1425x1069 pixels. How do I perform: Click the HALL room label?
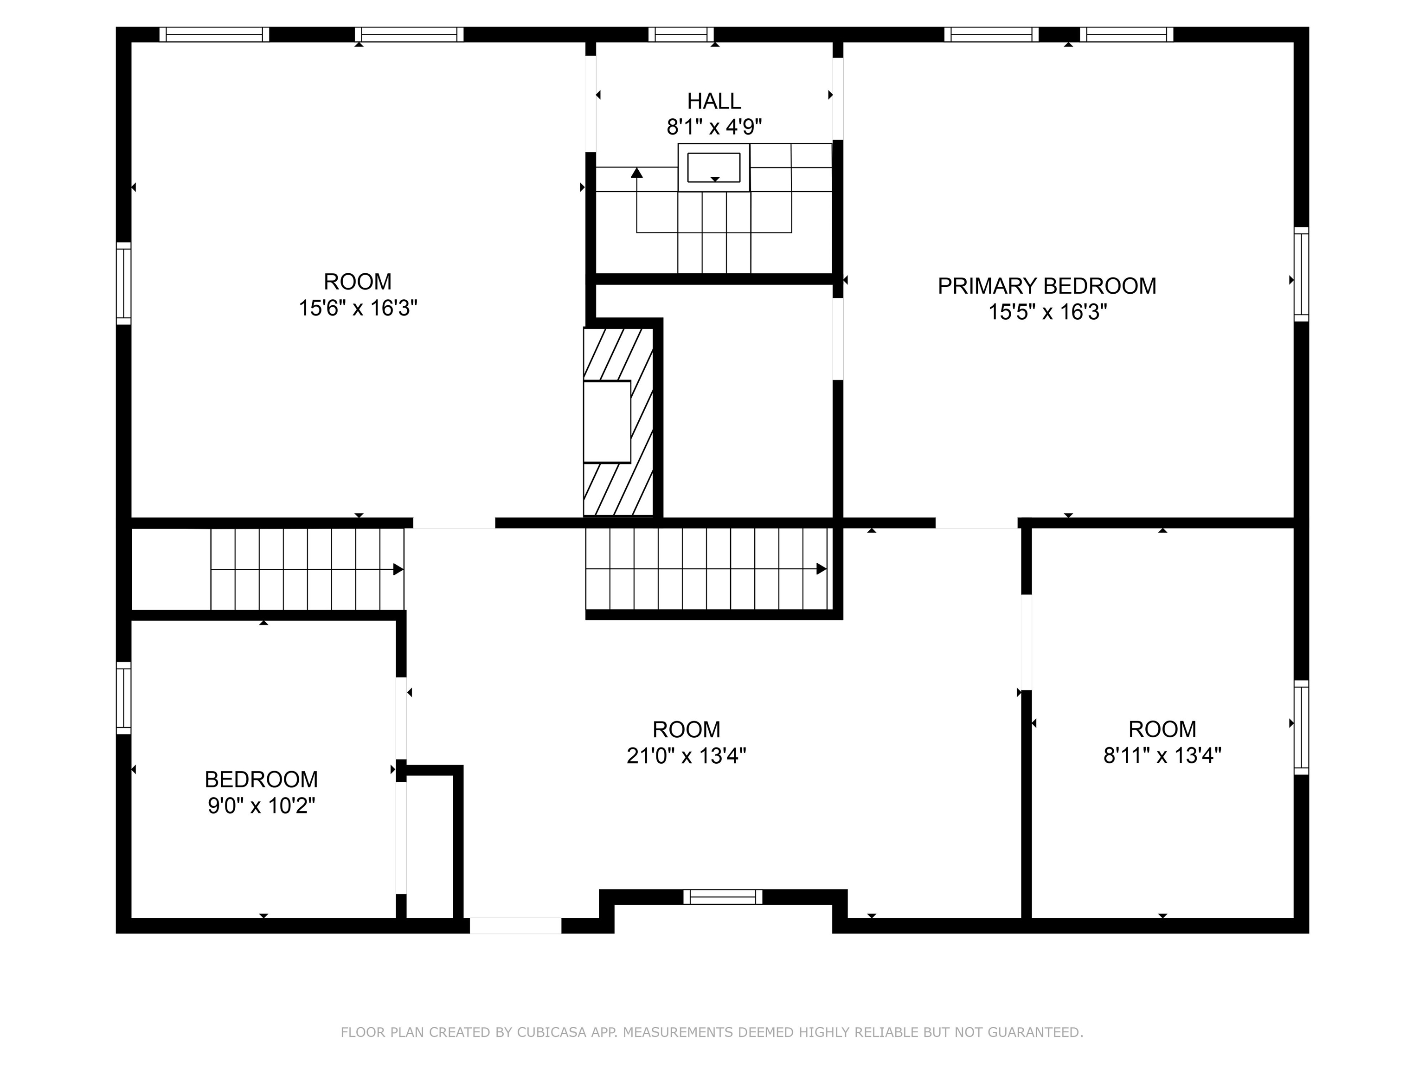click(x=714, y=101)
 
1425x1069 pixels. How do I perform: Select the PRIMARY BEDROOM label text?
click(x=1047, y=285)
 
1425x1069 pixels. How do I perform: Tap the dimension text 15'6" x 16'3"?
click(x=358, y=308)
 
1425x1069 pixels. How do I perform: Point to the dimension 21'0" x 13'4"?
click(x=686, y=755)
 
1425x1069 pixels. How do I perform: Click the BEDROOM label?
click(x=261, y=779)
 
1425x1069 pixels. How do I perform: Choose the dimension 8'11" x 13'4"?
click(x=1162, y=755)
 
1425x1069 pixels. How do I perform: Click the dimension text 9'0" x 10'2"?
click(x=261, y=805)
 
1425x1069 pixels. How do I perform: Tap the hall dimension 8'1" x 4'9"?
click(x=714, y=127)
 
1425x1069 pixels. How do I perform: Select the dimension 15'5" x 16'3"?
click(x=1047, y=313)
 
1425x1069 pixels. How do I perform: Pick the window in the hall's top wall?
click(x=681, y=35)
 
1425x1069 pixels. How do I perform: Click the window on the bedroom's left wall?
click(x=124, y=698)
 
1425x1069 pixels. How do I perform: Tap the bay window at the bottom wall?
click(x=722, y=897)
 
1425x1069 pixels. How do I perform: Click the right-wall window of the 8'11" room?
click(x=1301, y=728)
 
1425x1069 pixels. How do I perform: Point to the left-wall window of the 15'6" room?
click(x=124, y=283)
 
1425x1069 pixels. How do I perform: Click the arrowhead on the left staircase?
click(x=398, y=570)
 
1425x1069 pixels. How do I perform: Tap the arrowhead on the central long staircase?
click(x=822, y=569)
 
